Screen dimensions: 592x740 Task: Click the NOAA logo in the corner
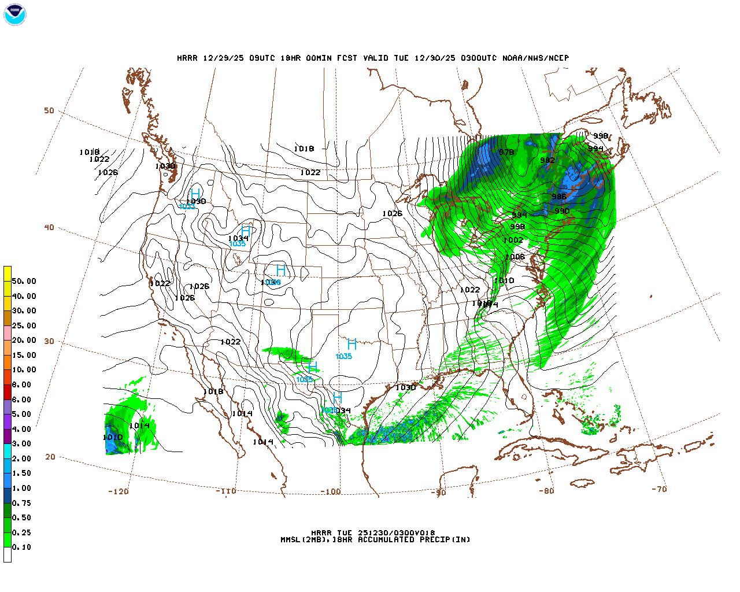point(14,14)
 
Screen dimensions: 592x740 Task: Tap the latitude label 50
point(49,110)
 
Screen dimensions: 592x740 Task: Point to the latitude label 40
point(49,227)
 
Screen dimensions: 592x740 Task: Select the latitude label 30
point(49,341)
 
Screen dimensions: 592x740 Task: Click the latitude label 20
point(50,457)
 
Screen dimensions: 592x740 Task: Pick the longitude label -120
point(118,491)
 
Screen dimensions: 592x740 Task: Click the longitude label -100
point(330,491)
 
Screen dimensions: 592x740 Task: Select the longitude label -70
point(658,489)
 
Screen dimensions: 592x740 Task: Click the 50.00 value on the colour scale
point(24,281)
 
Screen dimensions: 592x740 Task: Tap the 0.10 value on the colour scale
point(21,547)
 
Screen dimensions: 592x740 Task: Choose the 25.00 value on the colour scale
point(24,325)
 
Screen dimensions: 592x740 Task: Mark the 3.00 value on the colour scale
point(21,443)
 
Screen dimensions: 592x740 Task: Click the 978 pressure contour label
point(506,152)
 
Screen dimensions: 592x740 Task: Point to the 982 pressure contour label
point(547,160)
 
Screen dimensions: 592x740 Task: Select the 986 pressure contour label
point(558,197)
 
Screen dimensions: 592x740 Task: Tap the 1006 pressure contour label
point(515,257)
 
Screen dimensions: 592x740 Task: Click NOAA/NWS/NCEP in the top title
point(535,58)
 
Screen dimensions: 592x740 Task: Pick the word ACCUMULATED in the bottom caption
point(386,539)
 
